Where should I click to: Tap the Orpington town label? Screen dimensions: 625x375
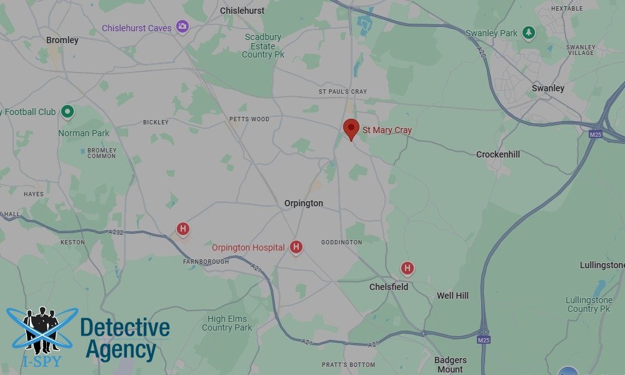click(304, 203)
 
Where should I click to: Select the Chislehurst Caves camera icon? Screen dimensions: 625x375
click(182, 26)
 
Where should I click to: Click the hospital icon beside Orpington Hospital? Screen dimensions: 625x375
click(296, 247)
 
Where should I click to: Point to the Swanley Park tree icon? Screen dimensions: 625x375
click(529, 32)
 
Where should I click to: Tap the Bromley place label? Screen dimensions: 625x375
click(62, 40)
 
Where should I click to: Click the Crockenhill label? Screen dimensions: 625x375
click(498, 154)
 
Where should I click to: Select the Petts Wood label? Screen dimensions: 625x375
click(249, 119)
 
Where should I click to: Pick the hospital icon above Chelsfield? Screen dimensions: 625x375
click(407, 269)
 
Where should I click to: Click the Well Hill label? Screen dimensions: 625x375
click(452, 296)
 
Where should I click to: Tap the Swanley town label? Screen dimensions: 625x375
click(548, 88)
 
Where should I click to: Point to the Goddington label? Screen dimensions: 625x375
click(341, 242)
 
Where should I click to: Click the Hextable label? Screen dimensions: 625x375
click(567, 8)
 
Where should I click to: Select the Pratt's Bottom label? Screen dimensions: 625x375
click(349, 365)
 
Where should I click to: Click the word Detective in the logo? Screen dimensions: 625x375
click(125, 327)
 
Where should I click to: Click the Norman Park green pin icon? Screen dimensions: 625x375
click(67, 112)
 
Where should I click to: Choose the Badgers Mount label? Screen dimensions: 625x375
click(450, 364)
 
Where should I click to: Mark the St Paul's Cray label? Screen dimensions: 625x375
click(343, 92)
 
